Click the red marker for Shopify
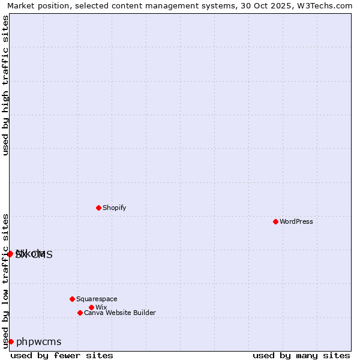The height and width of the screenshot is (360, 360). pos(98,208)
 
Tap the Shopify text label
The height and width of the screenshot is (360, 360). pos(114,208)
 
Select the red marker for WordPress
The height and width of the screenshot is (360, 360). pos(275,221)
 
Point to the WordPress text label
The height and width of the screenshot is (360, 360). pos(296,222)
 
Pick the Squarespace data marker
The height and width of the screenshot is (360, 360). pos(72,299)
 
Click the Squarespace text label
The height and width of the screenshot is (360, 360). pos(97,299)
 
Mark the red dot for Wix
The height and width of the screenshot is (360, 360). pos(91,307)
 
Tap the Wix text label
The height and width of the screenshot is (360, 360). pos(101,308)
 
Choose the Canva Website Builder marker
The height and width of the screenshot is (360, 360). pos(80,313)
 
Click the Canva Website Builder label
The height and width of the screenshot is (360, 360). pos(119,313)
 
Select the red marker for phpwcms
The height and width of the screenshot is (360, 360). pos(11,341)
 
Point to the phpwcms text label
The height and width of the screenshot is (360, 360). pos(39,342)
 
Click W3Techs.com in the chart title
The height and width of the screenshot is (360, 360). pos(328,6)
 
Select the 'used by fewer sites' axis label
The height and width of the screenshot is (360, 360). pos(62,355)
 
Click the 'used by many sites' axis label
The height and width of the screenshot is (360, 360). pos(301,355)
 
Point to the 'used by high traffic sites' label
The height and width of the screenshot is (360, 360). pos(6,85)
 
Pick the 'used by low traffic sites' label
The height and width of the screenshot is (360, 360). pos(6,280)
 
